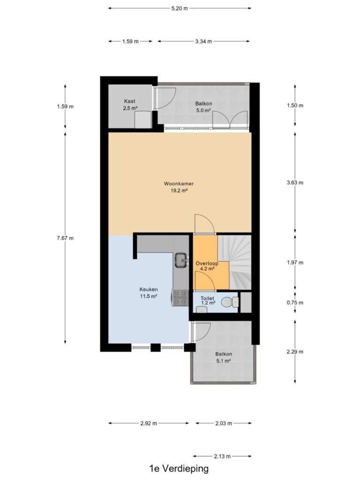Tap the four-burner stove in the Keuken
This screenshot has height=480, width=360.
180,298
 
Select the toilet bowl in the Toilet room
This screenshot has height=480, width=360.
229,302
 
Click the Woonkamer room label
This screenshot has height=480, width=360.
179,184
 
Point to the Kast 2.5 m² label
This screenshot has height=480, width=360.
130,105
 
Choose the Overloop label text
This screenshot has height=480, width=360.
207,263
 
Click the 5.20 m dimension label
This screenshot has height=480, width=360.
180,8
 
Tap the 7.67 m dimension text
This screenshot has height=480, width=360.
65,238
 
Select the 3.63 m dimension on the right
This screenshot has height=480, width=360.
295,183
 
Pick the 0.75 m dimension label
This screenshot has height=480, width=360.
295,303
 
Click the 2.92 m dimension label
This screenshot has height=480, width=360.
149,423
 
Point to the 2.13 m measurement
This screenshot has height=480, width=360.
222,457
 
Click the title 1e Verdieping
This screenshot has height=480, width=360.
179,469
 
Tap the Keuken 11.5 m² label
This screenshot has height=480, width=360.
149,292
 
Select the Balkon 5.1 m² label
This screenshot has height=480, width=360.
224,357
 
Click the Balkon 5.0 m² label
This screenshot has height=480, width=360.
203,107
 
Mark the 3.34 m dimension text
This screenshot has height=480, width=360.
203,41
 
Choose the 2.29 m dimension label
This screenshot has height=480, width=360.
295,352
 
